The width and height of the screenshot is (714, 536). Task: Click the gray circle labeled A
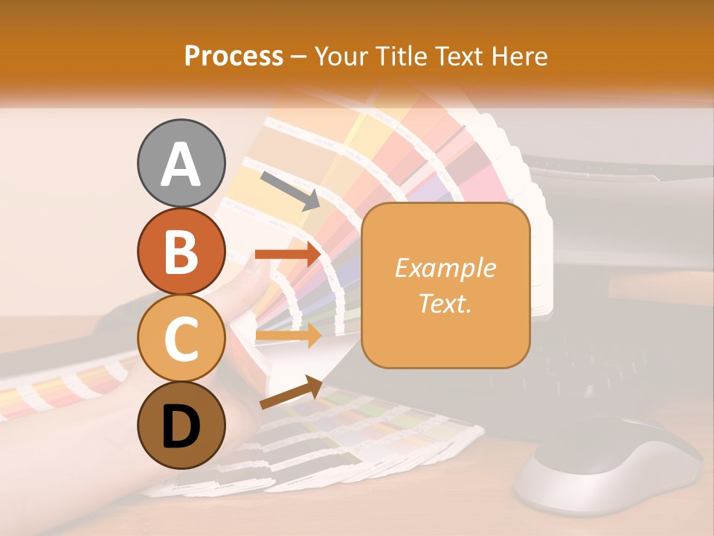[x=181, y=163]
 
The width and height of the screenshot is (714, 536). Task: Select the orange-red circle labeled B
[x=181, y=251]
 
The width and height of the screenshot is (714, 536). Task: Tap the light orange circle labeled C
[x=181, y=338]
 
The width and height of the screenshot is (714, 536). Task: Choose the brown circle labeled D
[x=181, y=426]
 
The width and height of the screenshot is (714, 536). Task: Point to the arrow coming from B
[x=288, y=254]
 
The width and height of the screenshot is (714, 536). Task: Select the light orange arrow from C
[x=288, y=336]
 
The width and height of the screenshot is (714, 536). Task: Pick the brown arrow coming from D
[x=291, y=394]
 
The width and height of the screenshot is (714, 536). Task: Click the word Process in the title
[x=234, y=56]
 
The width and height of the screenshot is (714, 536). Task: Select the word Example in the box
[x=445, y=268]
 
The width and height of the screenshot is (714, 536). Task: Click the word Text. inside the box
[x=445, y=303]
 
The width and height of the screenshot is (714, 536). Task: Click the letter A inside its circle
[x=181, y=164]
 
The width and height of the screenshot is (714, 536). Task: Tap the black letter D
[x=181, y=427]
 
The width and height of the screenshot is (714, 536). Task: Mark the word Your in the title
[x=341, y=56]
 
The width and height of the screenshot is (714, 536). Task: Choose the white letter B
[x=181, y=252]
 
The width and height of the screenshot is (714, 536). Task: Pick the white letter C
[x=181, y=339]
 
